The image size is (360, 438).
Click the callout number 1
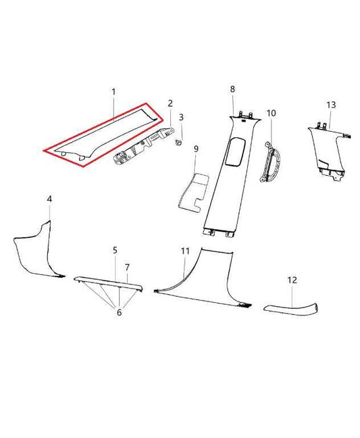pyautogui.click(x=113, y=91)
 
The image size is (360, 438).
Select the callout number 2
pyautogui.click(x=170, y=103)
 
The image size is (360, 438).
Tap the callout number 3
pyautogui.click(x=181, y=118)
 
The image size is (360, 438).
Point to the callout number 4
pyautogui.click(x=49, y=199)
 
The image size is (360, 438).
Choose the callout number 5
pyautogui.click(x=115, y=250)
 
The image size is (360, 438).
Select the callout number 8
pyautogui.click(x=232, y=89)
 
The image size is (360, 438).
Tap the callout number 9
pyautogui.click(x=196, y=149)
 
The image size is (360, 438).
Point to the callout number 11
pyautogui.click(x=185, y=251)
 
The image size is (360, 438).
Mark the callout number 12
pyautogui.click(x=292, y=279)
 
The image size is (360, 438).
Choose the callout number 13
pyautogui.click(x=330, y=105)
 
